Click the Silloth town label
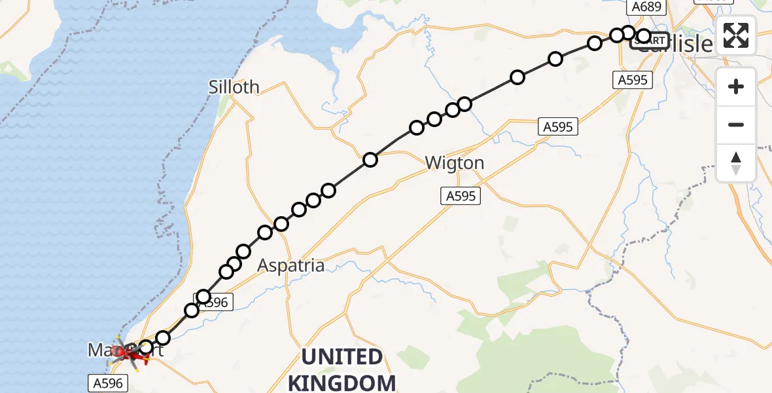(x=234, y=87)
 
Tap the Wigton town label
(x=455, y=163)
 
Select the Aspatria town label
(x=291, y=265)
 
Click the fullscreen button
(x=736, y=35)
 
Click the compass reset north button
(x=736, y=163)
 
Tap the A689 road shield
(x=646, y=7)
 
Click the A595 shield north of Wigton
(x=558, y=126)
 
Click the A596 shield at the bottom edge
(x=105, y=382)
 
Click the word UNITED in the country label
(x=342, y=358)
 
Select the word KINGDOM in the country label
(x=342, y=383)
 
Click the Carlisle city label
(x=674, y=45)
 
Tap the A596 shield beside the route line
(x=213, y=302)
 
